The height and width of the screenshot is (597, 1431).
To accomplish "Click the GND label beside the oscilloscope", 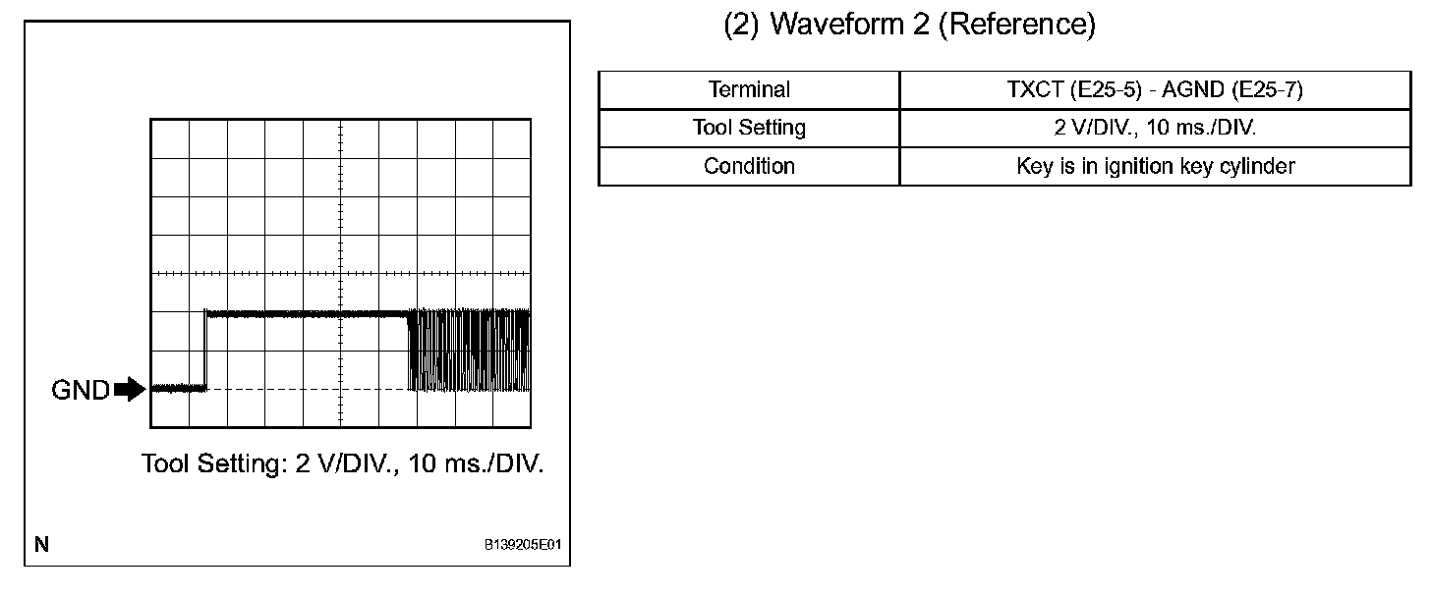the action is pyautogui.click(x=81, y=390).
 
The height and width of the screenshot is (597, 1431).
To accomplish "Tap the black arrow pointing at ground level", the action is pyautogui.click(x=130, y=390).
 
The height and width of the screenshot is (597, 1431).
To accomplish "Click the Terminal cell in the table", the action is pyautogui.click(x=749, y=89).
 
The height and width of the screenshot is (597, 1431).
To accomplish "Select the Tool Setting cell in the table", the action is pyautogui.click(x=749, y=128).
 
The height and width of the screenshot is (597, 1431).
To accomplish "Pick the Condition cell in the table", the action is pyautogui.click(x=749, y=166).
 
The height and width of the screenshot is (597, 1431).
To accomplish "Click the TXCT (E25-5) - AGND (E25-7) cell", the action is pyautogui.click(x=1155, y=89).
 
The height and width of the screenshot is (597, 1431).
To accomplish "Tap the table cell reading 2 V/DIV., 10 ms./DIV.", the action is pyautogui.click(x=1155, y=128).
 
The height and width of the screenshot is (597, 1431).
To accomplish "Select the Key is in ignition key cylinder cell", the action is pyautogui.click(x=1155, y=166).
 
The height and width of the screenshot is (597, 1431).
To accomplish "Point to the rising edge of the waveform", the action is pyautogui.click(x=204, y=351).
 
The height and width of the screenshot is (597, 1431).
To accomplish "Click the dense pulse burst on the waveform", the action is pyautogui.click(x=469, y=351).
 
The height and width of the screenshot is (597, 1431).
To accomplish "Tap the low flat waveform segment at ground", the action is pyautogui.click(x=178, y=389).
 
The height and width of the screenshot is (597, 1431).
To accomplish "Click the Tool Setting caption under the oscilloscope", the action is pyautogui.click(x=342, y=462).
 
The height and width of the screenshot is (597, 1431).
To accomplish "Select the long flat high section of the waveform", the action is pyautogui.click(x=305, y=313).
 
